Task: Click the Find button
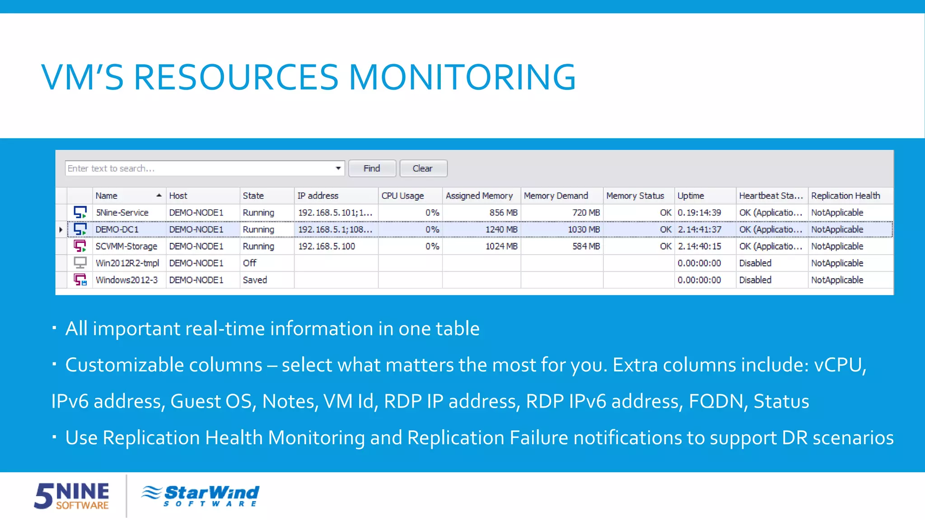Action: click(372, 168)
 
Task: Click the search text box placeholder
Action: click(111, 168)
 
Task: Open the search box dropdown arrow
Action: click(338, 168)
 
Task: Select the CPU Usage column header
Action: click(402, 195)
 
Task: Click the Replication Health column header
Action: click(845, 195)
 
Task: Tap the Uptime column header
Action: click(691, 195)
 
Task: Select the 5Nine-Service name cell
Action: click(122, 213)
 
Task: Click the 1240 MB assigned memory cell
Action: click(501, 229)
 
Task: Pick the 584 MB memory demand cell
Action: click(586, 246)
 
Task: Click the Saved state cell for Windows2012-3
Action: click(255, 280)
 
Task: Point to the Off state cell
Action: click(249, 263)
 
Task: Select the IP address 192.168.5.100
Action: click(327, 246)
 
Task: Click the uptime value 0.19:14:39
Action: click(699, 213)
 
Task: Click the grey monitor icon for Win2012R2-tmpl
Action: click(80, 263)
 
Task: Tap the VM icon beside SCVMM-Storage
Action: click(80, 246)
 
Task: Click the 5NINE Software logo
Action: click(72, 496)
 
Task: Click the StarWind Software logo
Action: click(201, 496)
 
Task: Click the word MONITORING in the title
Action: click(462, 77)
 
